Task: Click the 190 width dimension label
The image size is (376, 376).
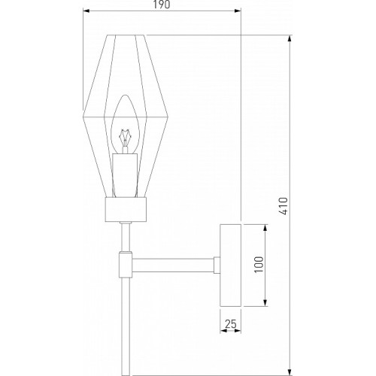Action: tap(162, 5)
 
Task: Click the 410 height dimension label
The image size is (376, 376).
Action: tap(284, 206)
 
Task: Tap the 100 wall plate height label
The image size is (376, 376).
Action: tap(259, 265)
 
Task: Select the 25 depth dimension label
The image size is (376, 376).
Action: tap(231, 324)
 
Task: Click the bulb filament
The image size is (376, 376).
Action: tap(125, 138)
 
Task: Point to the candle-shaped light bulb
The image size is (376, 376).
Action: tap(125, 124)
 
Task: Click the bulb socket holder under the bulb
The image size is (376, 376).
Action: tap(125, 175)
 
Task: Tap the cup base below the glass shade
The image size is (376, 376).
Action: tap(126, 209)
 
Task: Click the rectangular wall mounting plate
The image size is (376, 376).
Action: tap(230, 265)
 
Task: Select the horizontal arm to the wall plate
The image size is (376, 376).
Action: tap(173, 265)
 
